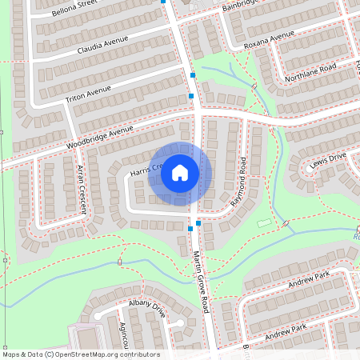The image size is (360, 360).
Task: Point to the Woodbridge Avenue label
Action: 99,137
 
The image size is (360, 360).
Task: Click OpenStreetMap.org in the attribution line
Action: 89,354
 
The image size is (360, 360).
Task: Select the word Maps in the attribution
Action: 11,354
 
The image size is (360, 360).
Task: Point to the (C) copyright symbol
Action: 50,354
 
